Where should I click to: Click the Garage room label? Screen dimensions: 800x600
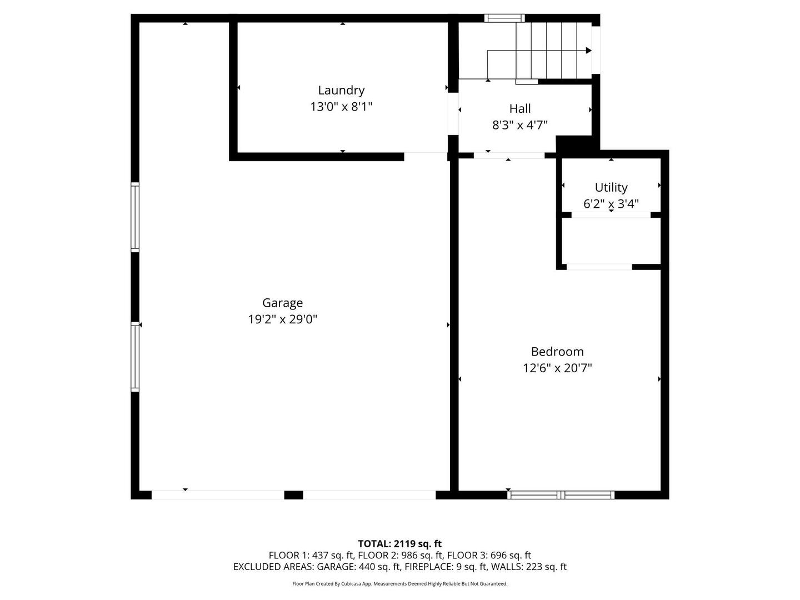pyautogui.click(x=282, y=303)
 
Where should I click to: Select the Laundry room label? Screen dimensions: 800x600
pyautogui.click(x=341, y=91)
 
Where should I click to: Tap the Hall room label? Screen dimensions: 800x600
pyautogui.click(x=520, y=108)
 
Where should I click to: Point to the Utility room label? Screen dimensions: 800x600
pyautogui.click(x=611, y=188)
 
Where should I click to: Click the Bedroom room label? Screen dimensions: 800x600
pyautogui.click(x=557, y=352)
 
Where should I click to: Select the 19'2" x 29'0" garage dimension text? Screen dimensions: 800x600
pyautogui.click(x=282, y=319)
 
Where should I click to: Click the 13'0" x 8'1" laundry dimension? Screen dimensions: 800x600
pyautogui.click(x=341, y=107)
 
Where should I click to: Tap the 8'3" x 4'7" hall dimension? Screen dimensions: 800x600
pyautogui.click(x=520, y=126)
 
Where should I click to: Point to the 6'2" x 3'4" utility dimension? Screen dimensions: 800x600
pyautogui.click(x=611, y=204)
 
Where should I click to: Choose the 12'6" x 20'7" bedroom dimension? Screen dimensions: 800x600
pyautogui.click(x=557, y=368)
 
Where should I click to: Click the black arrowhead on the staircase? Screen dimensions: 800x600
pyautogui.click(x=588, y=51)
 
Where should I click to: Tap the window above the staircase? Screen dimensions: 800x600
pyautogui.click(x=504, y=18)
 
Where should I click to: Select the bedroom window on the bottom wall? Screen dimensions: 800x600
pyautogui.click(x=561, y=494)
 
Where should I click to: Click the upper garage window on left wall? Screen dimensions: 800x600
pyautogui.click(x=135, y=217)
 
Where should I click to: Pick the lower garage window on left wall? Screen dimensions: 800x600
pyautogui.click(x=135, y=357)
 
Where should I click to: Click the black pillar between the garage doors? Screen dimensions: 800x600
pyautogui.click(x=293, y=494)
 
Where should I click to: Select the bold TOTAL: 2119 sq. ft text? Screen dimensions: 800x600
pyautogui.click(x=400, y=544)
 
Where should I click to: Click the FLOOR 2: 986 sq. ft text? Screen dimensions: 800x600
pyautogui.click(x=400, y=556)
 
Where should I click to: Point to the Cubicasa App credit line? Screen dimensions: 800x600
pyautogui.click(x=400, y=583)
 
